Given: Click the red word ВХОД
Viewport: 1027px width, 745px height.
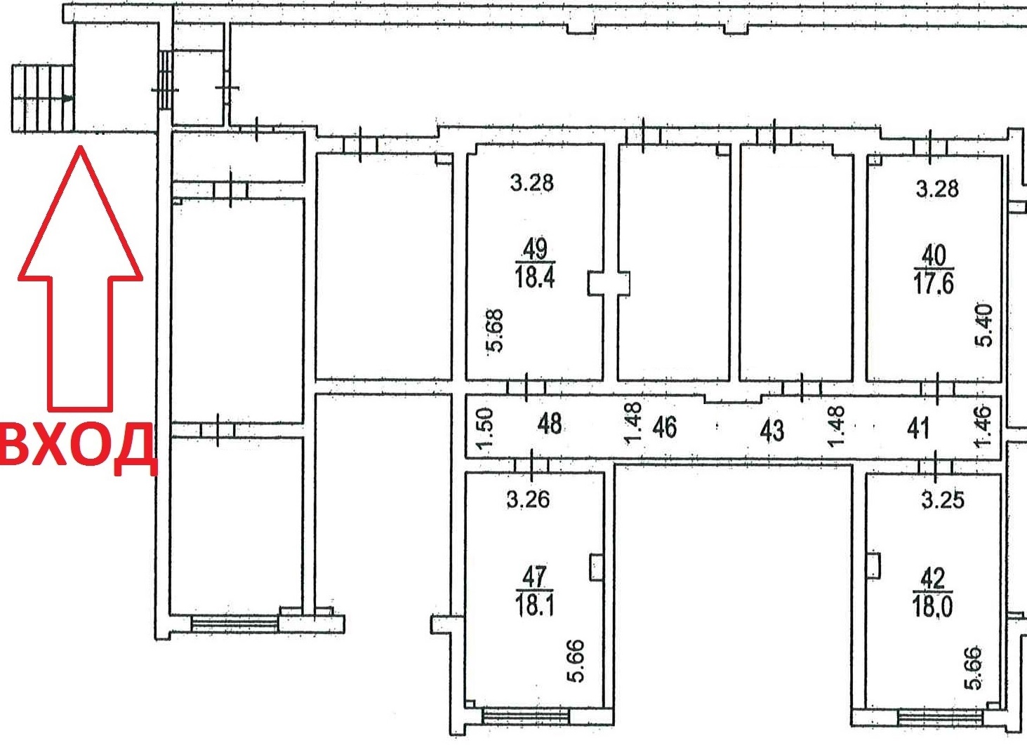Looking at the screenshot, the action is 78,445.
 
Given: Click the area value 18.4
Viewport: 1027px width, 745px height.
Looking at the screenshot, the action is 535,278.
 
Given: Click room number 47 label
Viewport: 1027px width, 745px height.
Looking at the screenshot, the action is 535,578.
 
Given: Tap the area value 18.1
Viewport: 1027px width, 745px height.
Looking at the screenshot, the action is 535,605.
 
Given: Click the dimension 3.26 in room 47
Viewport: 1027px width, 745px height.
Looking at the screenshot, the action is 528,499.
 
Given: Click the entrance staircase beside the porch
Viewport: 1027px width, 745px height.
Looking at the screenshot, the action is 43,98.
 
